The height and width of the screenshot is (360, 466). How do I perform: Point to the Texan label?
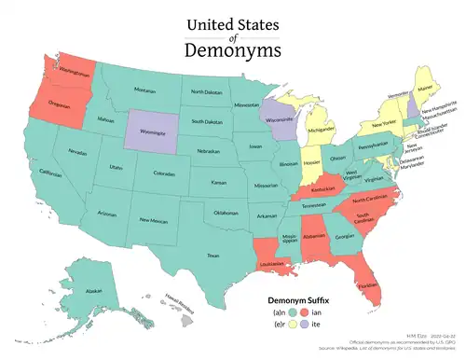(x=212, y=255)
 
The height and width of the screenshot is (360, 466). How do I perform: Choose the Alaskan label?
(x=93, y=291)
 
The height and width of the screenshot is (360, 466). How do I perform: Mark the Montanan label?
(x=144, y=90)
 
